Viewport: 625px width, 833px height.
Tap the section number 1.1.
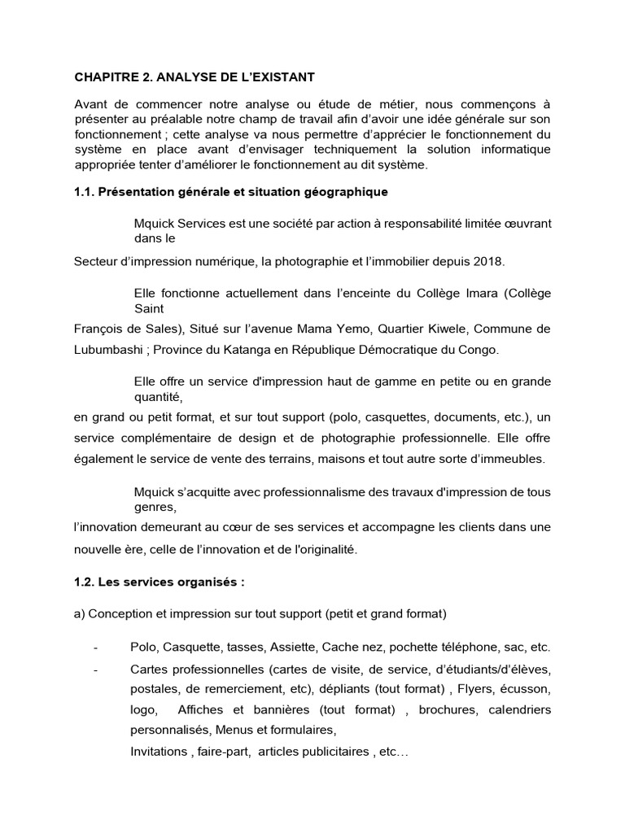coord(86,192)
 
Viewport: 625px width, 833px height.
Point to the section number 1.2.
coord(86,583)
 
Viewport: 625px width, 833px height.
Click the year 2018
coord(487,261)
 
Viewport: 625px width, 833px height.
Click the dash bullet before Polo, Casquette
coord(96,648)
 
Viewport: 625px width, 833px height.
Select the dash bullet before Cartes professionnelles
coord(96,670)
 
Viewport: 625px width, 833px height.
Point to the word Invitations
coord(158,752)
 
